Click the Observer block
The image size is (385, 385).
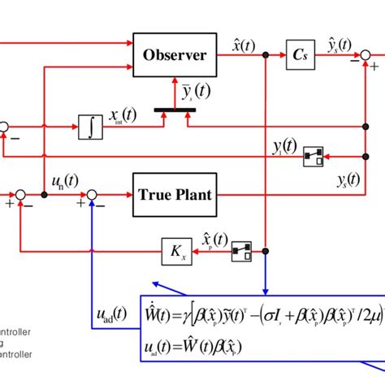pos(175,55)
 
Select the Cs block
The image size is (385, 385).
pos(297,55)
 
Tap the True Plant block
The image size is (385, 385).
pos(175,194)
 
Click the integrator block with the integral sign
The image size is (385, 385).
pos(90,126)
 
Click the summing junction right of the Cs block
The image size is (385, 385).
pos(367,55)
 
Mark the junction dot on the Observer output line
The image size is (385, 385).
pos(266,55)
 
